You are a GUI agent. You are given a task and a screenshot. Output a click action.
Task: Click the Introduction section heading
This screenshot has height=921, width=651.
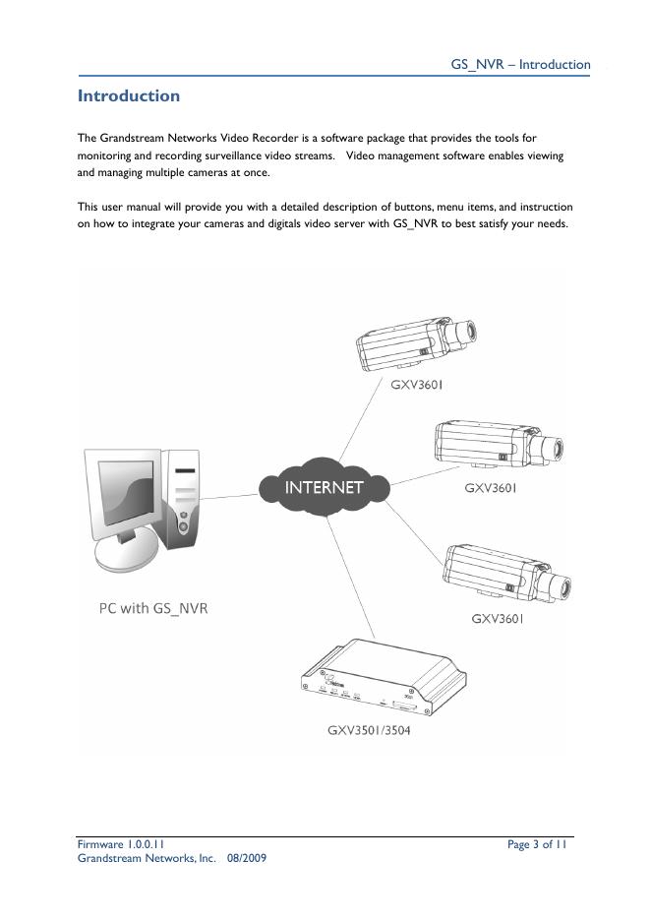[129, 96]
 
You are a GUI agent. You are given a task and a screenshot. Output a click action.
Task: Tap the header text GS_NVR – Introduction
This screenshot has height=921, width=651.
[520, 65]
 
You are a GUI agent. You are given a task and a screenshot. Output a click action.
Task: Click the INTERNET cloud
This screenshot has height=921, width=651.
[324, 487]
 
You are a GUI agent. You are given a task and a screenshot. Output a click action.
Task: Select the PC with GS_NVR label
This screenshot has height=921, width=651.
[153, 608]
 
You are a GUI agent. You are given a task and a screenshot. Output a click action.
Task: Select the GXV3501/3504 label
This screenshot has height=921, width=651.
[370, 730]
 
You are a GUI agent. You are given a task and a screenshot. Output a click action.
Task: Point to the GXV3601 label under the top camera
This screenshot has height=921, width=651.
[417, 385]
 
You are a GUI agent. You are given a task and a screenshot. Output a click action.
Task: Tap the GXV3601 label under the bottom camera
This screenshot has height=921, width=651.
[498, 619]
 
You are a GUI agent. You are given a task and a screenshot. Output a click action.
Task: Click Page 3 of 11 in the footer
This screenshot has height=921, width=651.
[537, 844]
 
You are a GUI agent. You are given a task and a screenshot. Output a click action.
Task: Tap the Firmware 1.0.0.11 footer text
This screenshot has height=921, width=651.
[121, 844]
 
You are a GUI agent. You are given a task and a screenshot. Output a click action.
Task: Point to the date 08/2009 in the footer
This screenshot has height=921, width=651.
[246, 858]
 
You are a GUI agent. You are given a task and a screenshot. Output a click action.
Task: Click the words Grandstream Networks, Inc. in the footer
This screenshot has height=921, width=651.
[147, 858]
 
